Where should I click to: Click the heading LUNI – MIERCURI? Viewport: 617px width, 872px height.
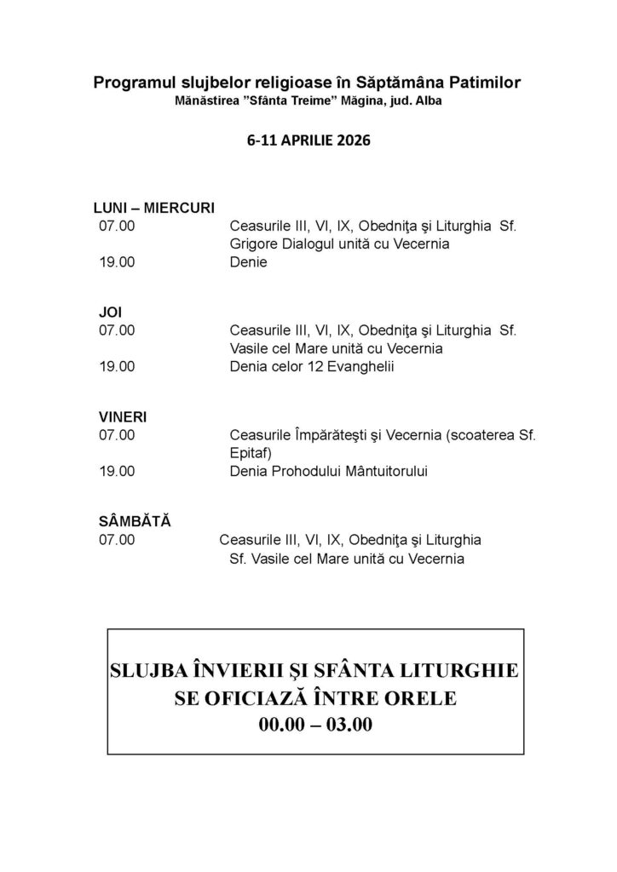(153, 209)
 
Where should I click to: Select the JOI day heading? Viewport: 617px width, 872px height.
(111, 313)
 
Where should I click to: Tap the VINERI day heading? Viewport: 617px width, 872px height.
(123, 417)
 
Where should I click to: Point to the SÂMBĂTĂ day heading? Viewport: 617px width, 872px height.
(135, 521)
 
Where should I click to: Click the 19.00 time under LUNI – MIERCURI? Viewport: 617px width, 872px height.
(117, 262)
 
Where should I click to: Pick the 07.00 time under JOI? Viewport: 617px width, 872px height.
(117, 330)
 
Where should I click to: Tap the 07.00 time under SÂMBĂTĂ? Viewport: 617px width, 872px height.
(117, 540)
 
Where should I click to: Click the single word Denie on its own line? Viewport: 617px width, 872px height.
(248, 262)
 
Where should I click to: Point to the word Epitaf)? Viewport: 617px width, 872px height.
(253, 453)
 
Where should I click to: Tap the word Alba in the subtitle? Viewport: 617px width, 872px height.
(428, 100)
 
